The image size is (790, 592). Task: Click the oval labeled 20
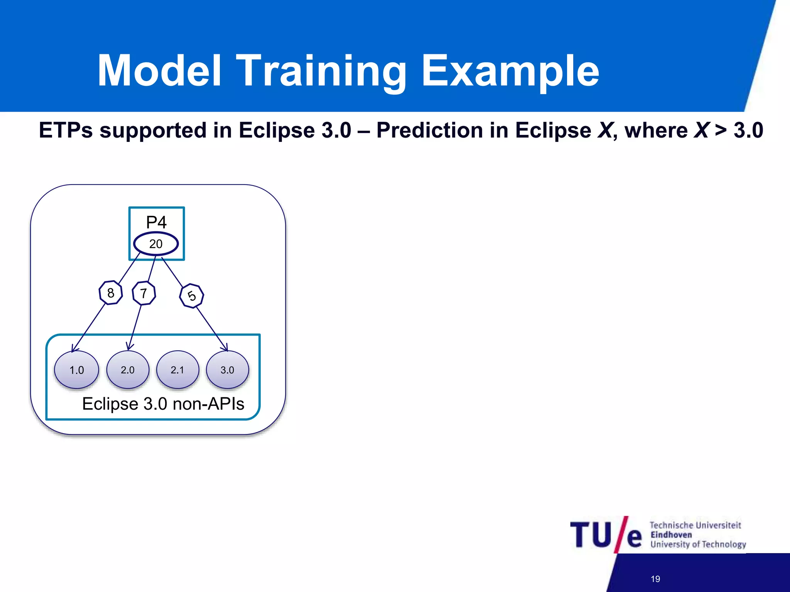pyautogui.click(x=156, y=244)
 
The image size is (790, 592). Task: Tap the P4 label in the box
pyautogui.click(x=156, y=222)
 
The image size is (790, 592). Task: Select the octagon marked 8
pyautogui.click(x=111, y=293)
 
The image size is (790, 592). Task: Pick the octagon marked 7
pyautogui.click(x=144, y=293)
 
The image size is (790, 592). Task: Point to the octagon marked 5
pyautogui.click(x=192, y=296)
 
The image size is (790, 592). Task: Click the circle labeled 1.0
pyautogui.click(x=76, y=370)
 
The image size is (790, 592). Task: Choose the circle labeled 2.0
pyautogui.click(x=128, y=370)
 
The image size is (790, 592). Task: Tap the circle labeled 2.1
pyautogui.click(x=177, y=370)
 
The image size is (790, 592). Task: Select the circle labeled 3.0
pyautogui.click(x=227, y=370)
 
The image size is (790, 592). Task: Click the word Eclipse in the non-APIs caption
pyautogui.click(x=110, y=404)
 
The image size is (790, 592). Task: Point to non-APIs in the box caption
pyautogui.click(x=208, y=404)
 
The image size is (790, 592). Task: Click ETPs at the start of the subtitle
pyautogui.click(x=66, y=130)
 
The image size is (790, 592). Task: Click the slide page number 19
pyautogui.click(x=655, y=579)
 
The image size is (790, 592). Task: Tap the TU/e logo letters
pyautogui.click(x=606, y=535)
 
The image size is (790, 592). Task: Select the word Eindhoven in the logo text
pyautogui.click(x=671, y=535)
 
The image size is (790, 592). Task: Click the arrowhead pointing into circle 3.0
pyautogui.click(x=225, y=348)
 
